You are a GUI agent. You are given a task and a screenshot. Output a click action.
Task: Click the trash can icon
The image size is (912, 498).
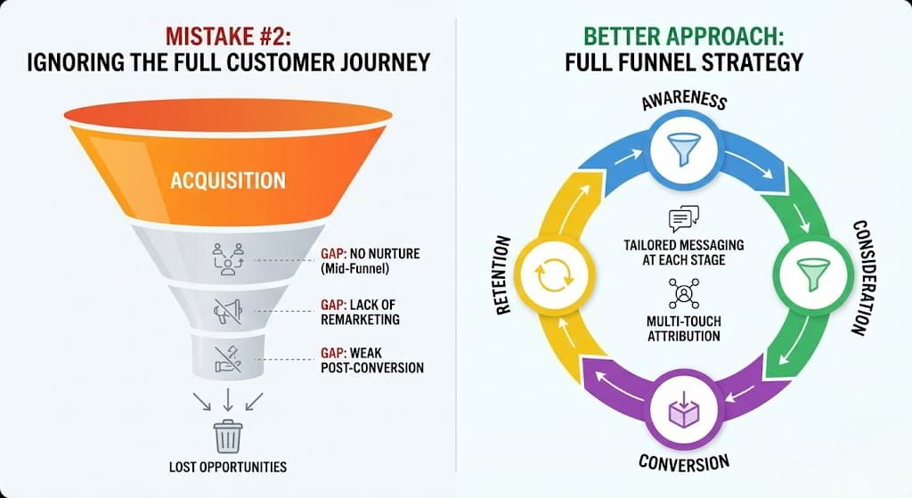point(228,437)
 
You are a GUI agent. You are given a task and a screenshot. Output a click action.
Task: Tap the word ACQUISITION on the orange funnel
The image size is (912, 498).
point(228,180)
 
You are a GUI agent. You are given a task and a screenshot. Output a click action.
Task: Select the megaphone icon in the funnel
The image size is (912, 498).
point(228,311)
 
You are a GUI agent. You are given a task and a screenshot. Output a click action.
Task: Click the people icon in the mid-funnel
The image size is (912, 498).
point(227,257)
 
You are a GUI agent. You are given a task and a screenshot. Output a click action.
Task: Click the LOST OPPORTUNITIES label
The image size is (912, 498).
point(228,467)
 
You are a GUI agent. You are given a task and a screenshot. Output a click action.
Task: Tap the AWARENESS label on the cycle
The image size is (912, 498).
point(684,100)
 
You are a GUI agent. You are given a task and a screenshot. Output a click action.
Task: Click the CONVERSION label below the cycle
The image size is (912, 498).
point(684,462)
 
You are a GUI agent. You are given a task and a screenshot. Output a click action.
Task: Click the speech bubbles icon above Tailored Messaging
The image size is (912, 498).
point(683,219)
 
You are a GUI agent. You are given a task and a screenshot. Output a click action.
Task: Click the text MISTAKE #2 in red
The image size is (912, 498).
point(228,37)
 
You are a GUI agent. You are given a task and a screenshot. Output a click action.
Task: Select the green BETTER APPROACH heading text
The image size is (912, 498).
point(684,37)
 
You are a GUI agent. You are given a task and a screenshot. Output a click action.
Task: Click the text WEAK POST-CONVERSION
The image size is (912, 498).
point(372,360)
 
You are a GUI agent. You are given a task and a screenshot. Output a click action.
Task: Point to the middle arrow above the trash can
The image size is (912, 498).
point(228,397)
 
